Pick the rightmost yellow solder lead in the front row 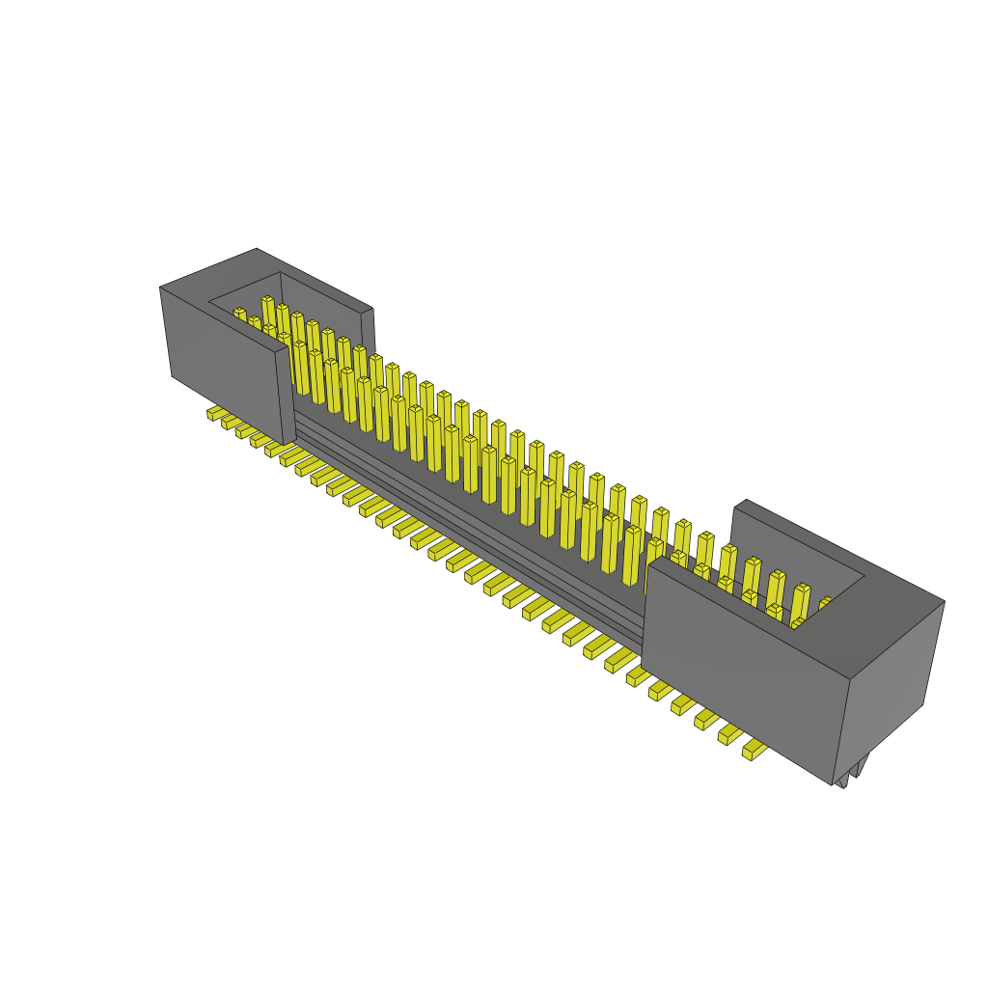point(753,749)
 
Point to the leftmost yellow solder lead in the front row point(215,413)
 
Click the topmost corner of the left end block point(257,249)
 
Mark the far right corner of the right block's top point(944,601)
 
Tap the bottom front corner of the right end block point(832,783)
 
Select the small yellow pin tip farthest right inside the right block point(826,603)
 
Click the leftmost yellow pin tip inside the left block point(238,313)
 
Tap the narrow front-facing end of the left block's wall point(287,396)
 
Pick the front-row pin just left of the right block point(632,554)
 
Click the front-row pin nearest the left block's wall point(300,367)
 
